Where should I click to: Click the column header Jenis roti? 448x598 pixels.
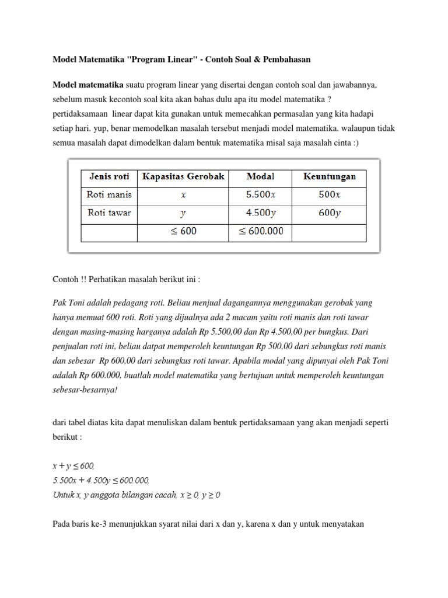pos(108,176)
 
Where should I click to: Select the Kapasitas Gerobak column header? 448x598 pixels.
pos(184,176)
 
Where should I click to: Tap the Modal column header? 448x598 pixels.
pos(260,176)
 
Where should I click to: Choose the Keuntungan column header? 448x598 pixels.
pos(328,176)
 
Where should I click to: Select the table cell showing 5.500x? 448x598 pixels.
pos(260,194)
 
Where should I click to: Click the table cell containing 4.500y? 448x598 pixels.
pos(260,213)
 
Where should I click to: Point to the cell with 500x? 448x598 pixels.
pos(328,194)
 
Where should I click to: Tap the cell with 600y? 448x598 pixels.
pos(328,213)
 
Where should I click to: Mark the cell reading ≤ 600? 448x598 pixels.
pos(184,231)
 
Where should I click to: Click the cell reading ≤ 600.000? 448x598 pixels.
pos(260,231)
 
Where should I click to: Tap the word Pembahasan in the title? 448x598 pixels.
pos(282,60)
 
